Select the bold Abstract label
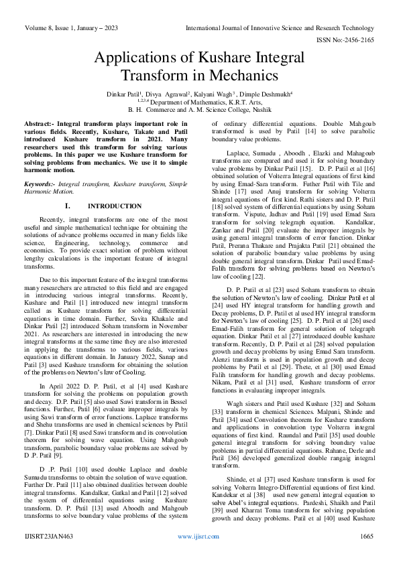39,125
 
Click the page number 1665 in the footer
366,555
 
